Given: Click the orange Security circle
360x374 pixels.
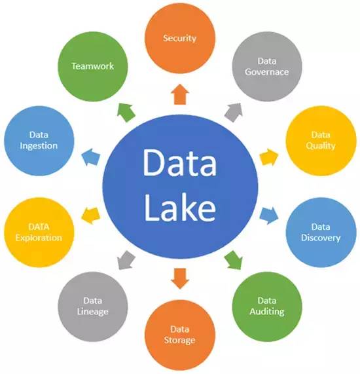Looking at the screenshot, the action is pyautogui.click(x=180, y=39).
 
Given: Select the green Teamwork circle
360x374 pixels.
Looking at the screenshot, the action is pyautogui.click(x=93, y=67).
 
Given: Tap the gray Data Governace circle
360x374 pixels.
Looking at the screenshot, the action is pyautogui.click(x=267, y=67).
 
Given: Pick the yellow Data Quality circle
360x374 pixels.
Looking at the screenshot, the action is pyautogui.click(x=321, y=141).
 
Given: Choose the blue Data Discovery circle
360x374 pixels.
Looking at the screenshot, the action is pyautogui.click(x=321, y=233).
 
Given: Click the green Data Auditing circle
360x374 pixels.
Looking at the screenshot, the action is pyautogui.click(x=267, y=307).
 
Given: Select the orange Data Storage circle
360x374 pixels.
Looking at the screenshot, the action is pyautogui.click(x=180, y=335).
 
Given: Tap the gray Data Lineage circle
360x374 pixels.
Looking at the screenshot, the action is pyautogui.click(x=93, y=307).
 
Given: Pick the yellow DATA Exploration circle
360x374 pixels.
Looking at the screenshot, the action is pyautogui.click(x=39, y=233).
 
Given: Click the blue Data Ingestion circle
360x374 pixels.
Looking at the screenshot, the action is pyautogui.click(x=39, y=141).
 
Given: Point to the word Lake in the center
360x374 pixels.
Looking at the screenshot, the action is pyautogui.click(x=180, y=207).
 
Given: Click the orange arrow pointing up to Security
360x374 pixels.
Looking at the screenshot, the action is pyautogui.click(x=180, y=94).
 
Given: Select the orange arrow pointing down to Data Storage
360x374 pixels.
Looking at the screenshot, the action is pyautogui.click(x=180, y=278).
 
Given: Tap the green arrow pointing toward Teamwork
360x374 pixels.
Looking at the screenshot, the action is pyautogui.click(x=126, y=113).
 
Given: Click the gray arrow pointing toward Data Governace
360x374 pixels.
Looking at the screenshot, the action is pyautogui.click(x=234, y=113).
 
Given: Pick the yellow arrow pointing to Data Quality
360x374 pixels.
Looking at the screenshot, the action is pyautogui.click(x=268, y=157).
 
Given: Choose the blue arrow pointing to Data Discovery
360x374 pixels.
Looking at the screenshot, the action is pyautogui.click(x=268, y=215).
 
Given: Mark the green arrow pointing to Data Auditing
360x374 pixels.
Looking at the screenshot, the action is pyautogui.click(x=234, y=260).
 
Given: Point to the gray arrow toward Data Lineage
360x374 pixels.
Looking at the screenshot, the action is pyautogui.click(x=126, y=260).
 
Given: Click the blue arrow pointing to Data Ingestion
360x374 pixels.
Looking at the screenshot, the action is pyautogui.click(x=91, y=157).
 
